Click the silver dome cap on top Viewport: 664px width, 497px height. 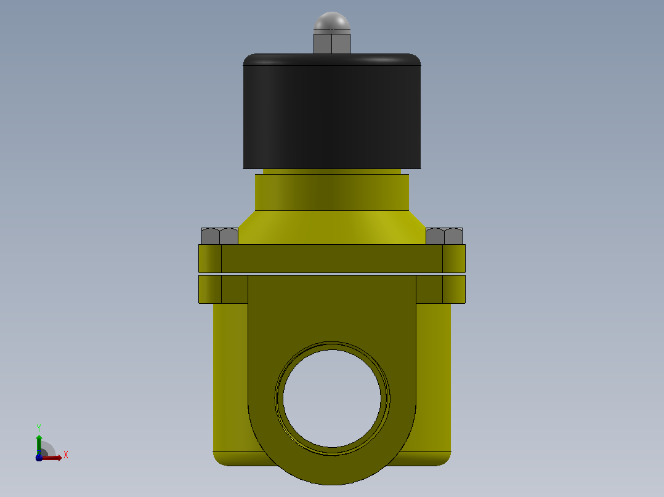pos(332,22)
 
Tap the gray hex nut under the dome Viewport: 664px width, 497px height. pos(332,43)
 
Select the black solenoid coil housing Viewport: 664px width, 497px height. pos(332,112)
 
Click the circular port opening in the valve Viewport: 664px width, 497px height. pos(332,399)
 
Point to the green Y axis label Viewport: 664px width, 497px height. pos(39,428)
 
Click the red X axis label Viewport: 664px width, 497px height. pos(66,455)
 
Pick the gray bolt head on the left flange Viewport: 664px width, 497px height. pos(220,236)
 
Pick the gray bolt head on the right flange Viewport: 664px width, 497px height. pos(444,236)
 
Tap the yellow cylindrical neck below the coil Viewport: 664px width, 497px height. pos(332,193)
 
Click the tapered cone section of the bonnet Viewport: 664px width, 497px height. pos(332,228)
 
